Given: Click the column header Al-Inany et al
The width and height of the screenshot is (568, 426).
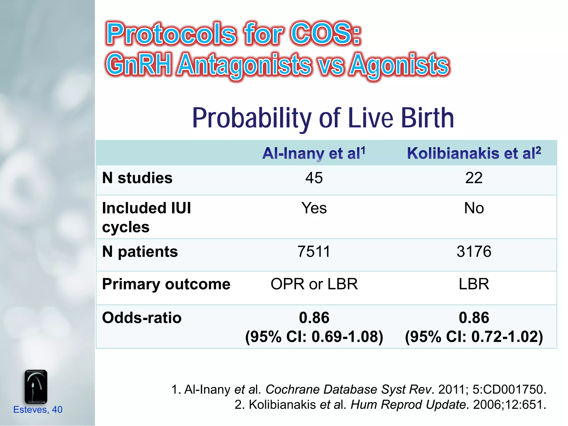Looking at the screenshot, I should tap(314, 153).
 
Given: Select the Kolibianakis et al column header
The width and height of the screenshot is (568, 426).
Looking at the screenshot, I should tap(474, 153).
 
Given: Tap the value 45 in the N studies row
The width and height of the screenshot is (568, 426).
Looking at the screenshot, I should tap(314, 178).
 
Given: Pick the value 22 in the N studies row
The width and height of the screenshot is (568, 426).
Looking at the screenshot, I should tap(474, 178).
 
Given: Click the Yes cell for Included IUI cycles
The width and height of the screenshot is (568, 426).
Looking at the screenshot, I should tap(314, 208).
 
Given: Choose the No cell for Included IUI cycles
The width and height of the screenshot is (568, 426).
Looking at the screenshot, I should tap(474, 208).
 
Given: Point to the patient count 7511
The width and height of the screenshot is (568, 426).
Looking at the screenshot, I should tap(314, 252).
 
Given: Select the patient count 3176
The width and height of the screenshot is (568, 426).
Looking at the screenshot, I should tap(474, 252).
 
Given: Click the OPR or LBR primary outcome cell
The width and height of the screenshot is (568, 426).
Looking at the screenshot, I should tap(314, 284).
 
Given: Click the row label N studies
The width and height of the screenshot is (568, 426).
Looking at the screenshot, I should tap(137, 178).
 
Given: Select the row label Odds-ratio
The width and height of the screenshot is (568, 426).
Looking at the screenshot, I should tap(142, 318).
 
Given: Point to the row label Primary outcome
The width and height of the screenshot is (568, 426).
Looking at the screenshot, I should tap(166, 284).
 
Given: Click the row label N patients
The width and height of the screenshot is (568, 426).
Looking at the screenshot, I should tap(140, 252).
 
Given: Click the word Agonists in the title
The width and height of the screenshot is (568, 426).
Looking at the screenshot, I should tap(399, 65).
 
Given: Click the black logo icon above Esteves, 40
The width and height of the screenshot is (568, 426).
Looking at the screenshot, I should tap(36, 387).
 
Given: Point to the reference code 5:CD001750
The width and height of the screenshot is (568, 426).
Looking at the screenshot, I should tap(509, 389).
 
